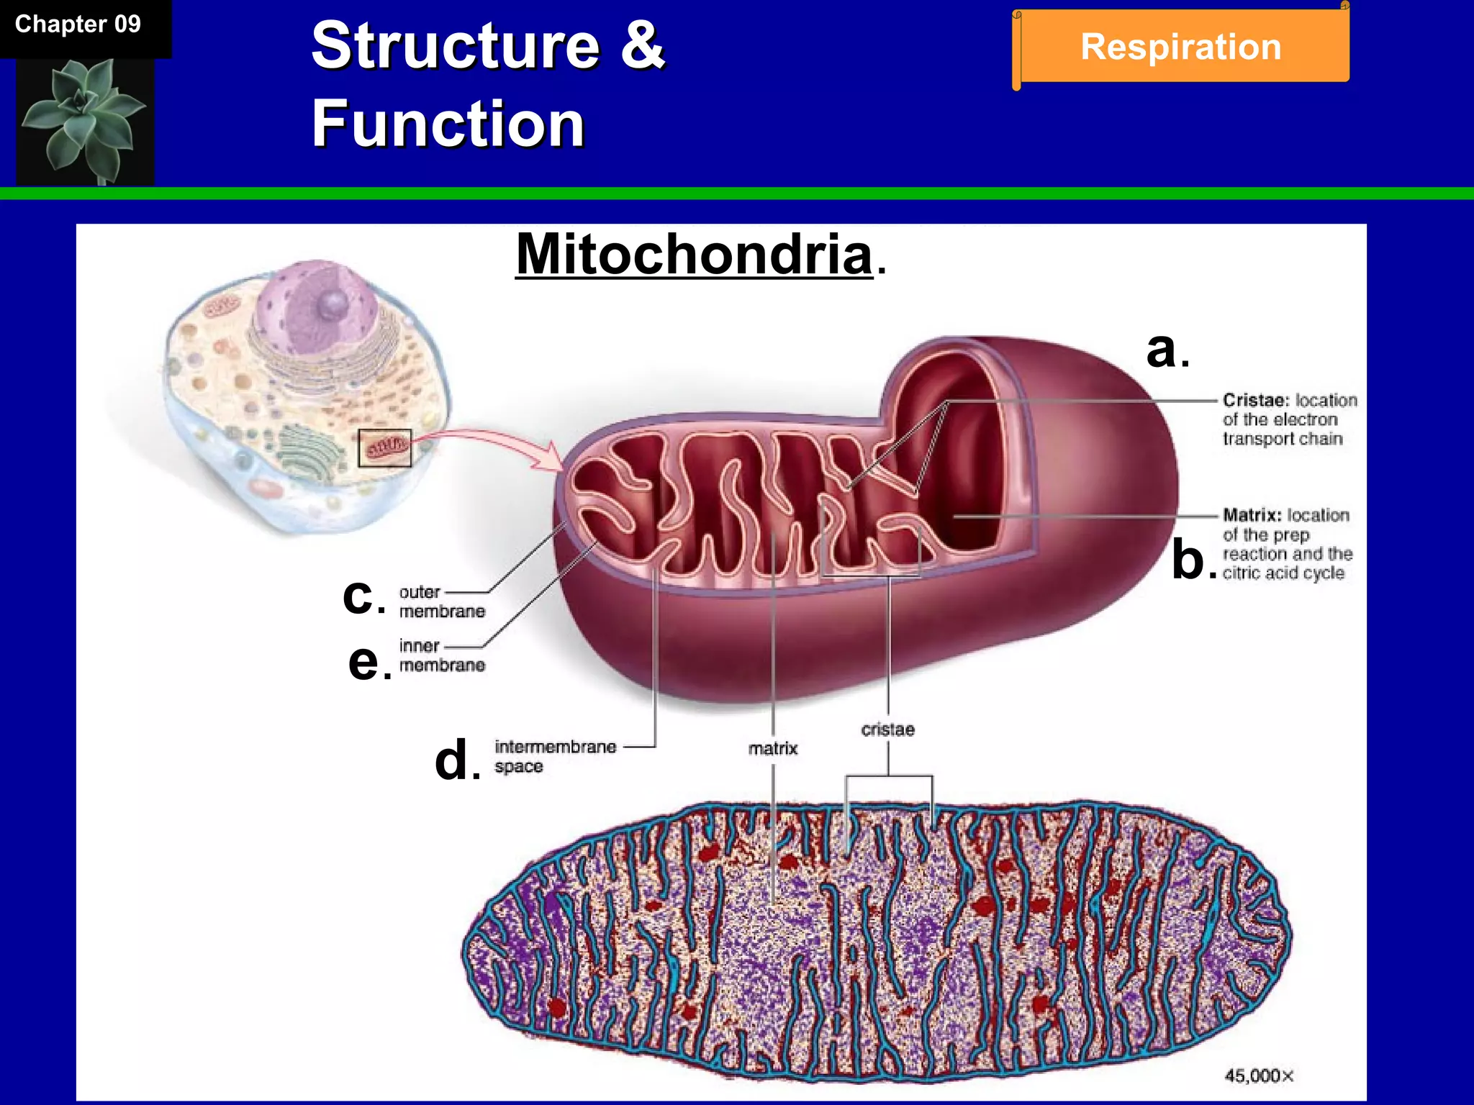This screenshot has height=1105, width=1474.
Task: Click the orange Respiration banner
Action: click(x=1180, y=47)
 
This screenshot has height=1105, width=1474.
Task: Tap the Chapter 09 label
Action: click(x=78, y=24)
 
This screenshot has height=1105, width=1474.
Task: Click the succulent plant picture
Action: click(x=85, y=121)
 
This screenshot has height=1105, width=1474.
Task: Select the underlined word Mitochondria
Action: click(x=694, y=255)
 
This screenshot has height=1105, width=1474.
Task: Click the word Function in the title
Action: click(x=448, y=124)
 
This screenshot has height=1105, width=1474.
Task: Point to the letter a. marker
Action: click(x=1167, y=350)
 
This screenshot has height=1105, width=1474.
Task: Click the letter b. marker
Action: click(x=1193, y=560)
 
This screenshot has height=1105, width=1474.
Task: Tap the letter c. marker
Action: click(x=363, y=596)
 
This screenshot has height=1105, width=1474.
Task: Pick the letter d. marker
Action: click(x=456, y=760)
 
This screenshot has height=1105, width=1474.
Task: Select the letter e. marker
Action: click(x=368, y=661)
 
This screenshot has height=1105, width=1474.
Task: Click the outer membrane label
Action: click(x=441, y=601)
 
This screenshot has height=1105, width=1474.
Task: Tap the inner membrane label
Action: click(x=441, y=655)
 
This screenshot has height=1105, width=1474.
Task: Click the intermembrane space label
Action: click(x=554, y=756)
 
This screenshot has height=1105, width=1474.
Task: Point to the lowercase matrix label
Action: click(x=773, y=749)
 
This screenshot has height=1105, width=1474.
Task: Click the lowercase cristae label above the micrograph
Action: click(x=887, y=729)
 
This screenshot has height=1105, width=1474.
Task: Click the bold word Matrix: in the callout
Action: click(x=1252, y=515)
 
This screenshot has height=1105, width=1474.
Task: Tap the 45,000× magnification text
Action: click(x=1259, y=1076)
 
